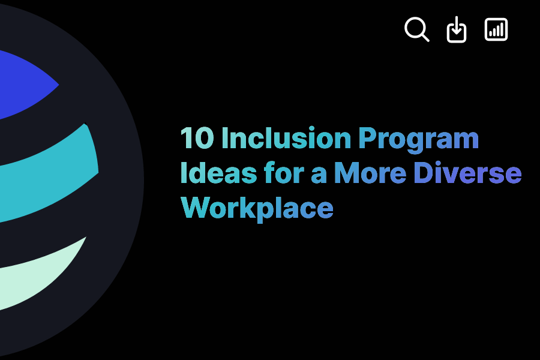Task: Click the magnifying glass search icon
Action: click(x=416, y=29)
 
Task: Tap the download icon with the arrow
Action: click(x=457, y=30)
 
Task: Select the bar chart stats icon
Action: click(x=496, y=29)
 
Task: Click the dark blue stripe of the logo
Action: click(x=24, y=84)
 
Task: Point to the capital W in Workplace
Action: click(x=193, y=208)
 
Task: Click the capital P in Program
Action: click(x=367, y=139)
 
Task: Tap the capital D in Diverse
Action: click(x=423, y=173)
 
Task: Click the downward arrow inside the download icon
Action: click(x=457, y=28)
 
